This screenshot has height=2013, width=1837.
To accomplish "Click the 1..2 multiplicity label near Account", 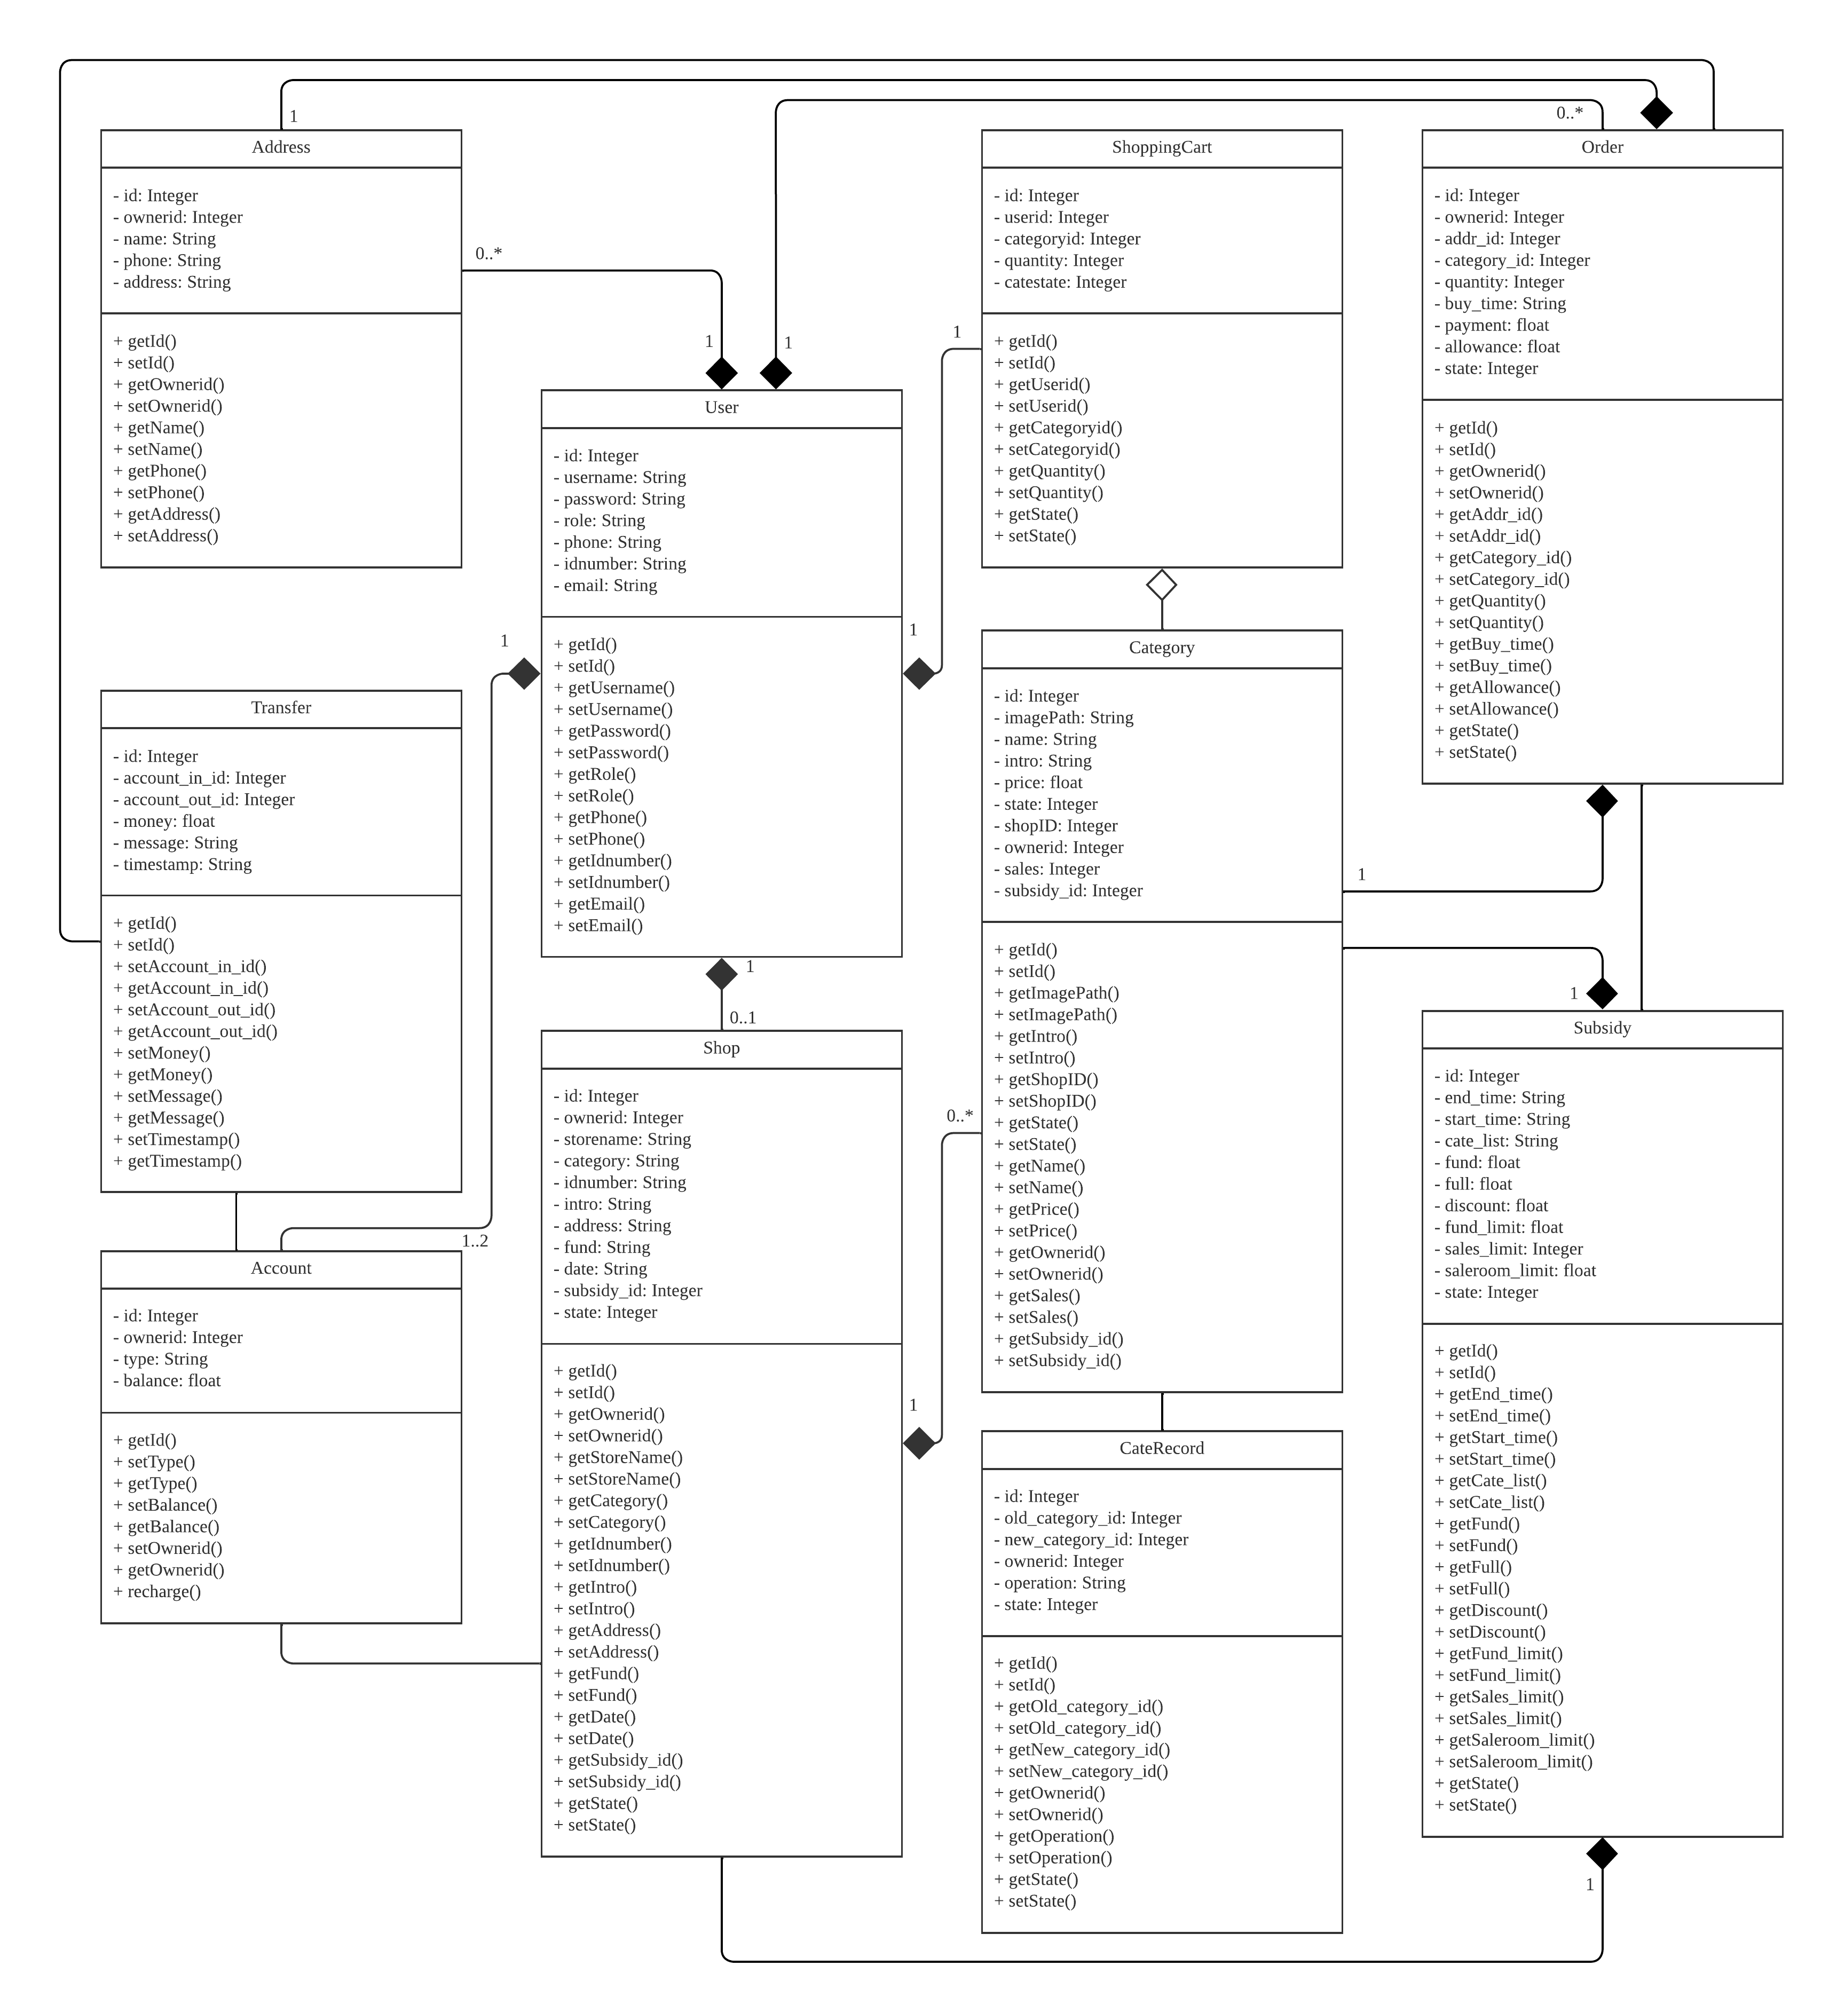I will point(475,1241).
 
